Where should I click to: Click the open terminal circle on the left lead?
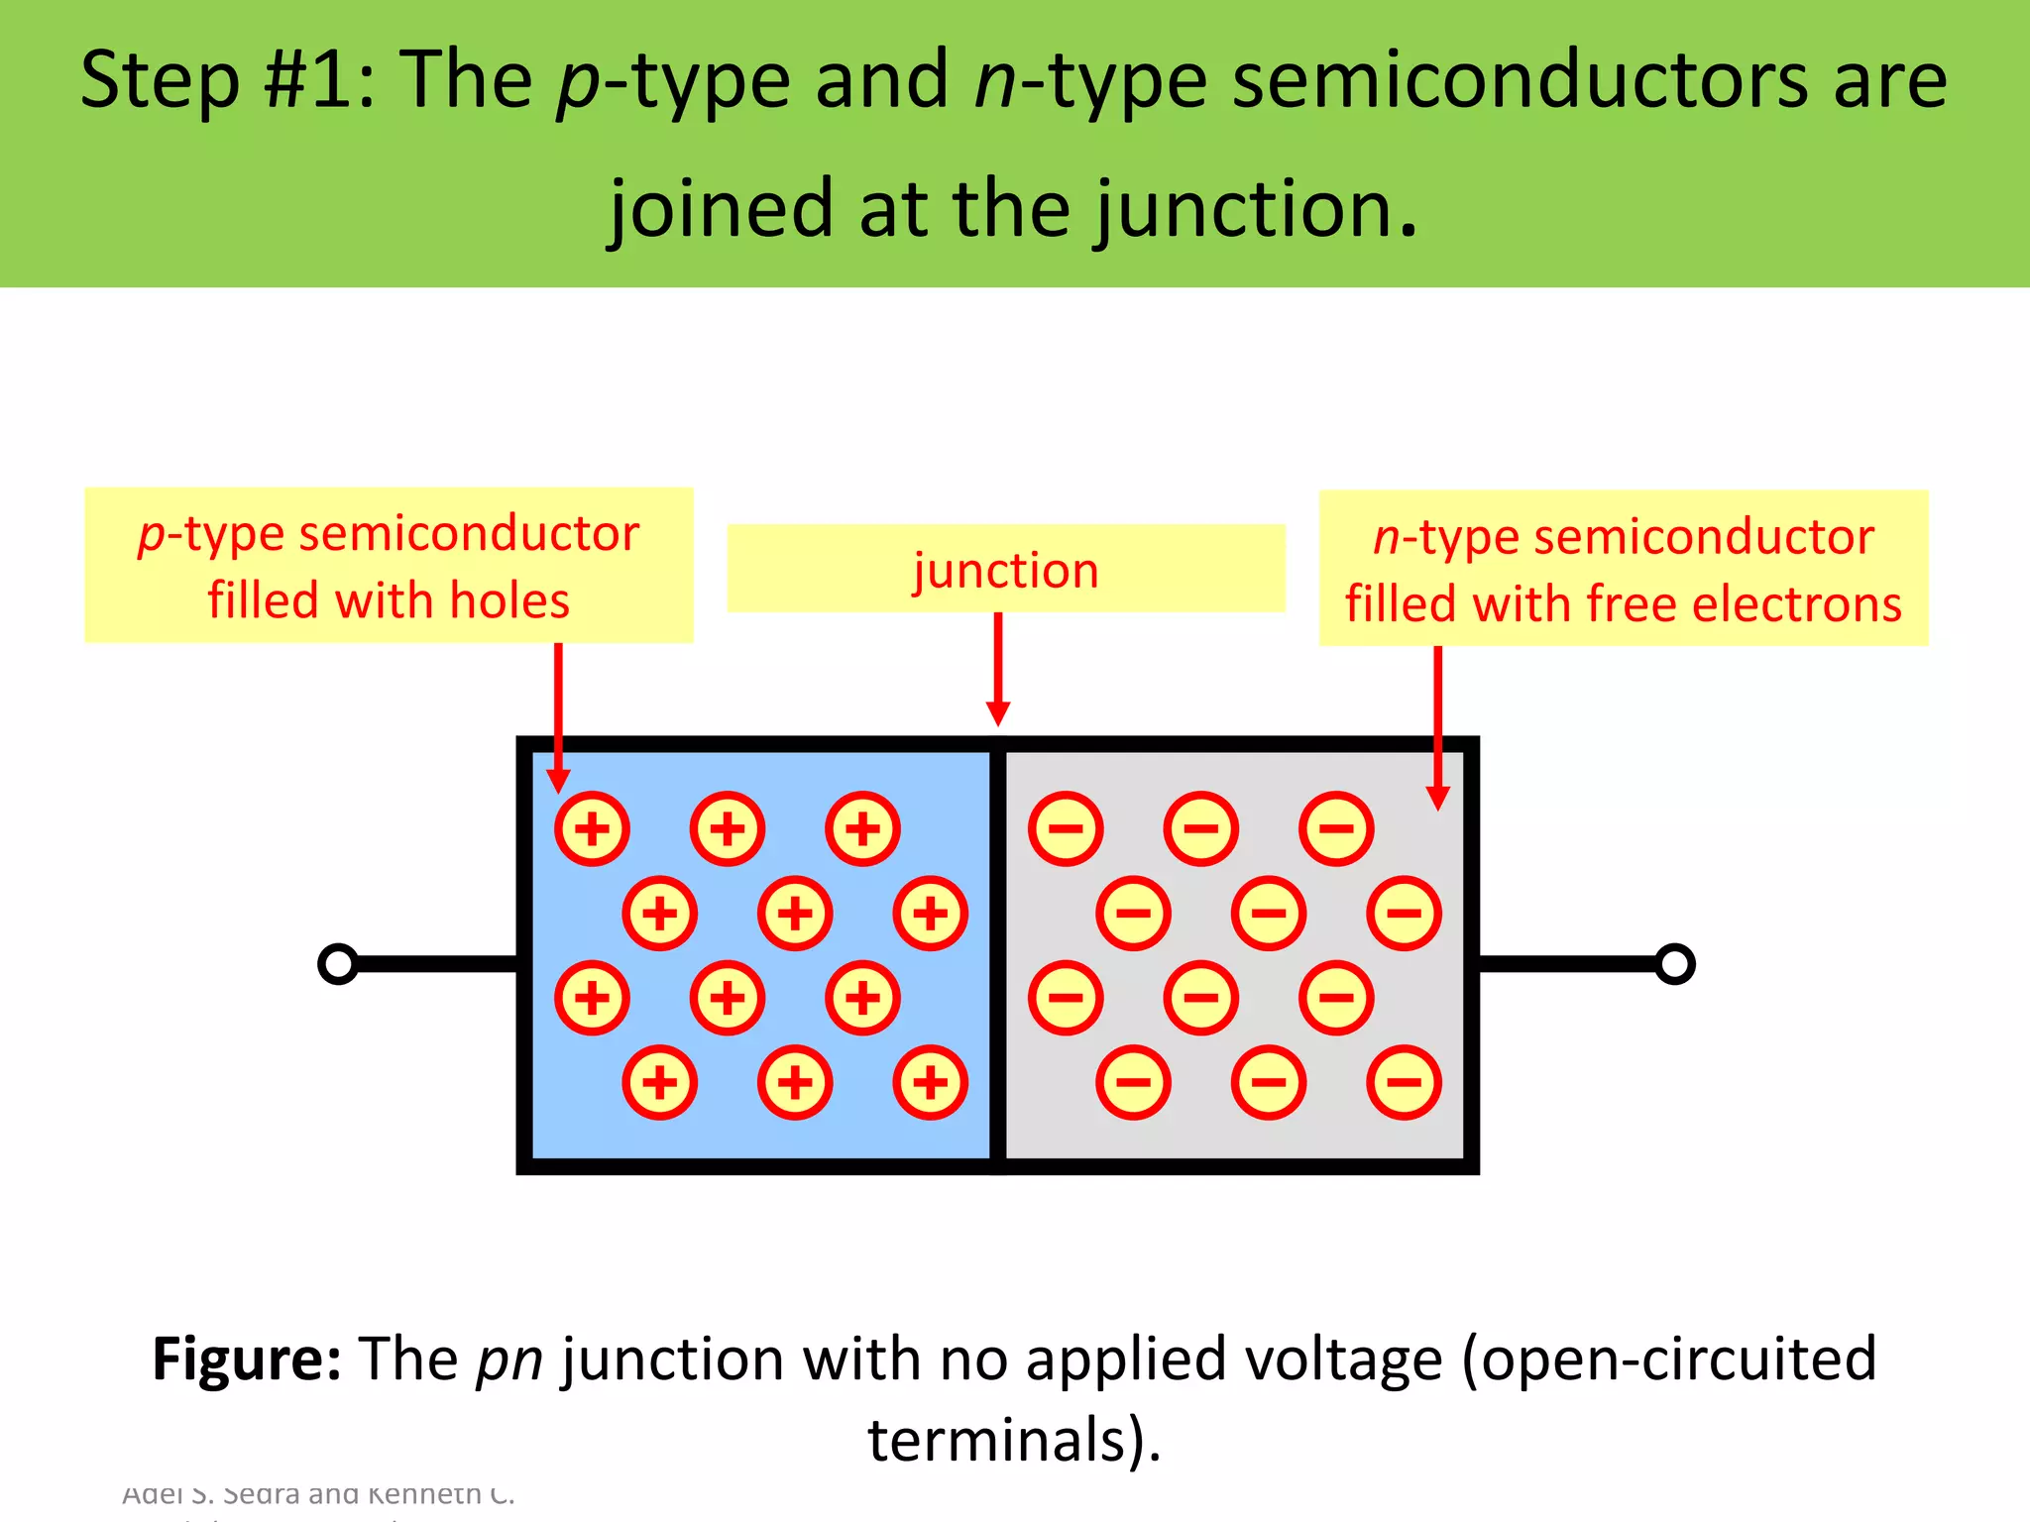click(x=338, y=964)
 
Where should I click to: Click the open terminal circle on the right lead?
click(x=1675, y=964)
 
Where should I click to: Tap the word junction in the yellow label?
click(x=1005, y=571)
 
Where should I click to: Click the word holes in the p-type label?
click(x=509, y=601)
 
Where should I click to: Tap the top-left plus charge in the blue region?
click(x=592, y=828)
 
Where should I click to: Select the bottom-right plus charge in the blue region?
click(x=930, y=1082)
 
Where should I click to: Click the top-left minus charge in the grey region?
click(x=1066, y=828)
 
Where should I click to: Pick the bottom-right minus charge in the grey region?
click(x=1404, y=1082)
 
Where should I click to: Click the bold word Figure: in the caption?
click(x=247, y=1359)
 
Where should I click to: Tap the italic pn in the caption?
click(x=509, y=1360)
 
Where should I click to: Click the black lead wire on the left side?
click(x=436, y=964)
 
